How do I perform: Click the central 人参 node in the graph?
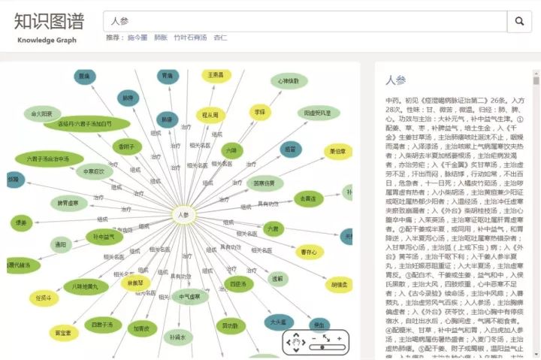point(183,215)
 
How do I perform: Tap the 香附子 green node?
point(125,146)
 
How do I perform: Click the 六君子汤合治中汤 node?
point(49,159)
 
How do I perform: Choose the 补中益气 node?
point(104,237)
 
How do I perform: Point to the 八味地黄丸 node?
point(80,286)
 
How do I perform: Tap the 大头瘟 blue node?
point(278,321)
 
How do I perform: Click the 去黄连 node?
point(307,198)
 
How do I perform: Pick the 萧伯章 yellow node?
point(338,152)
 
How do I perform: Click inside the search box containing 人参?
point(301,22)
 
